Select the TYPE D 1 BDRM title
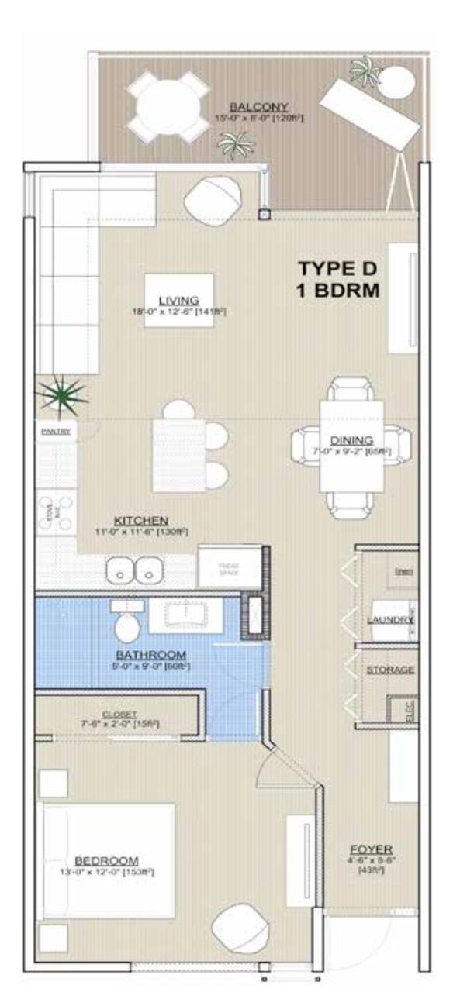[x=337, y=280]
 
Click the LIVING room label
[x=179, y=300]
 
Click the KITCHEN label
[x=140, y=520]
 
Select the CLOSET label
[x=119, y=714]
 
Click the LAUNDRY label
[x=391, y=620]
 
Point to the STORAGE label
[x=390, y=669]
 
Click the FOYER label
[x=370, y=849]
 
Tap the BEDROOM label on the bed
[x=106, y=860]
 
